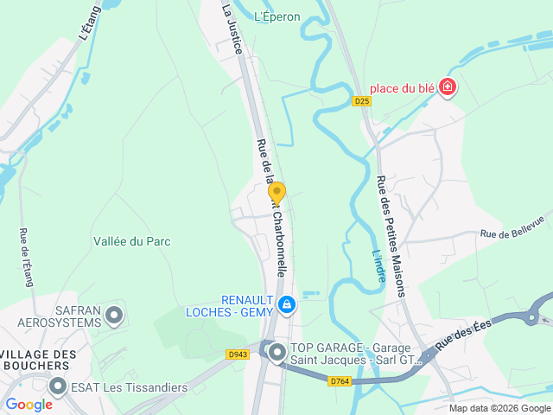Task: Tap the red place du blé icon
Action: [x=447, y=87]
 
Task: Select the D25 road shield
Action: [x=362, y=101]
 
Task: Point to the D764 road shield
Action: [x=340, y=380]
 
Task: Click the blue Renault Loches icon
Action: [x=286, y=305]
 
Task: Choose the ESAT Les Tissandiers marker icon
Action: [x=59, y=386]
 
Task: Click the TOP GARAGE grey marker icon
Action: [x=276, y=352]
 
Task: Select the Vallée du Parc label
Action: [x=132, y=242]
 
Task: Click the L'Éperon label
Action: [x=277, y=16]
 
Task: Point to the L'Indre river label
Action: [x=377, y=265]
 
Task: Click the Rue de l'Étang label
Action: [x=25, y=259]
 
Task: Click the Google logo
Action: [x=29, y=404]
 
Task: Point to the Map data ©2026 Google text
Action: [x=499, y=408]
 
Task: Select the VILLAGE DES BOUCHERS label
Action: [x=39, y=360]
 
